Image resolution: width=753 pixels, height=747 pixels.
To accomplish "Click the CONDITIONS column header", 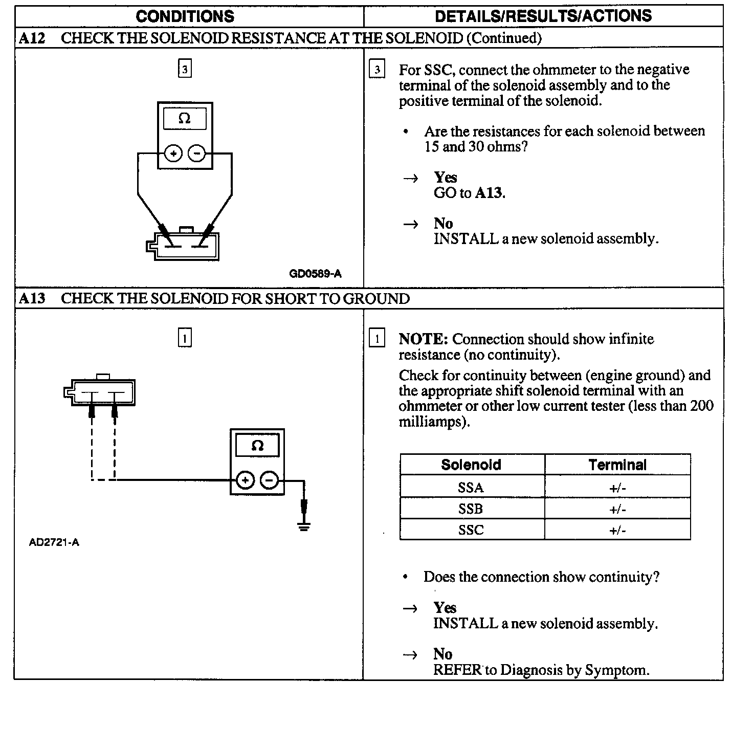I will (x=185, y=16).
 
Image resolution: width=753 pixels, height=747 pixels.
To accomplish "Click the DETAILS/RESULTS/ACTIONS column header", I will (x=543, y=16).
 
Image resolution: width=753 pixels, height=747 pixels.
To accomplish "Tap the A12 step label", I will (x=32, y=38).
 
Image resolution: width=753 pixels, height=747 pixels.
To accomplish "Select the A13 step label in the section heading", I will (x=32, y=299).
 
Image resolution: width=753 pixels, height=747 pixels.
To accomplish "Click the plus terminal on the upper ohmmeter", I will (x=173, y=153).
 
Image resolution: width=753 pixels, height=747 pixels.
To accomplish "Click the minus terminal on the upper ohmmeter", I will (x=196, y=153).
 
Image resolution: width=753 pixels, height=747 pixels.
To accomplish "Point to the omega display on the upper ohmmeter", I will (x=185, y=119).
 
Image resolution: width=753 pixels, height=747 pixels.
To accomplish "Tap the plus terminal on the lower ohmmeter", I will (x=246, y=480).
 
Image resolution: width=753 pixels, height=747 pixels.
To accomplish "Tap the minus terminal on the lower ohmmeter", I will (x=270, y=480).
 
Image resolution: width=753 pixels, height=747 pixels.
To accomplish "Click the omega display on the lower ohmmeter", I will (x=257, y=446).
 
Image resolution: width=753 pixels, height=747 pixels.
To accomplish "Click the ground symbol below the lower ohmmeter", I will (x=304, y=526).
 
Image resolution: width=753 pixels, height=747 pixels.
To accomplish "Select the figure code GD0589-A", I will (x=315, y=274).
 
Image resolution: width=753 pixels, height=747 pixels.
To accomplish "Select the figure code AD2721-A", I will (x=54, y=543).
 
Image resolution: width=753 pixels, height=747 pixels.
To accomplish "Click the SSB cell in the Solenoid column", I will (x=471, y=509).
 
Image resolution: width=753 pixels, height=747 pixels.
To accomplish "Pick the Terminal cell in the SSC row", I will (x=617, y=530).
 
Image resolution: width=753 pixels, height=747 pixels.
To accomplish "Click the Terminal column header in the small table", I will (x=617, y=465).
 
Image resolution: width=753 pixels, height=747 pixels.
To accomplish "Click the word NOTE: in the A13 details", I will (x=424, y=339).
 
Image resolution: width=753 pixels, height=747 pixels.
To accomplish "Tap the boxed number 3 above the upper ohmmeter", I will (x=185, y=69).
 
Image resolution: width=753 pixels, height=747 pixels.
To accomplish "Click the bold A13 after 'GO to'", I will (x=490, y=193).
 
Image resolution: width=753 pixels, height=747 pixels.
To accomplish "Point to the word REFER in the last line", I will (x=457, y=670).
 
